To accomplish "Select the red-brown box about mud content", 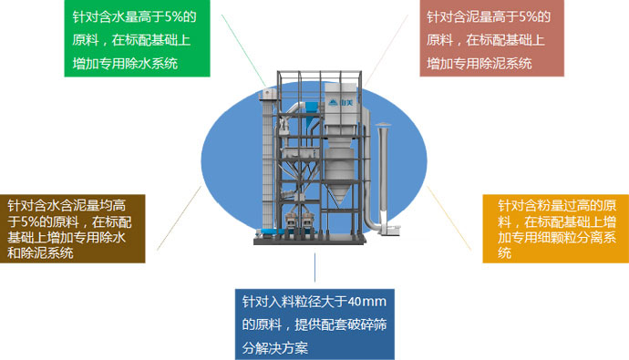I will coord(493,39).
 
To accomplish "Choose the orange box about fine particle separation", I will coord(556,227).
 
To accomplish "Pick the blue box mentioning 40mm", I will coord(314,324).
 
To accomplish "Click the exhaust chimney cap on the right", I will coord(383,125).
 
